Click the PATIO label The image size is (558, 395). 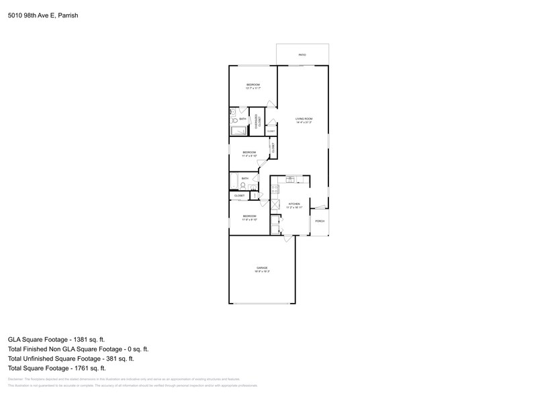302,54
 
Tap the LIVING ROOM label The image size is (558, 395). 304,119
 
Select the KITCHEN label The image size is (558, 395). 293,204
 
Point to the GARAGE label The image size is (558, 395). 261,268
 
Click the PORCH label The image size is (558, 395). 320,221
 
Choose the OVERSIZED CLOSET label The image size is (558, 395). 257,121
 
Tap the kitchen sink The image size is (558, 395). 295,179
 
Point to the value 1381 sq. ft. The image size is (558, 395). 89,340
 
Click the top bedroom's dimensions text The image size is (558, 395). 252,88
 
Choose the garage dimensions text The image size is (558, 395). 261,271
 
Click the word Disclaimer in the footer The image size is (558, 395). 16,380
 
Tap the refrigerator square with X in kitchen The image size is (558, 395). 275,203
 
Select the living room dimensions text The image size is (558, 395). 304,122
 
